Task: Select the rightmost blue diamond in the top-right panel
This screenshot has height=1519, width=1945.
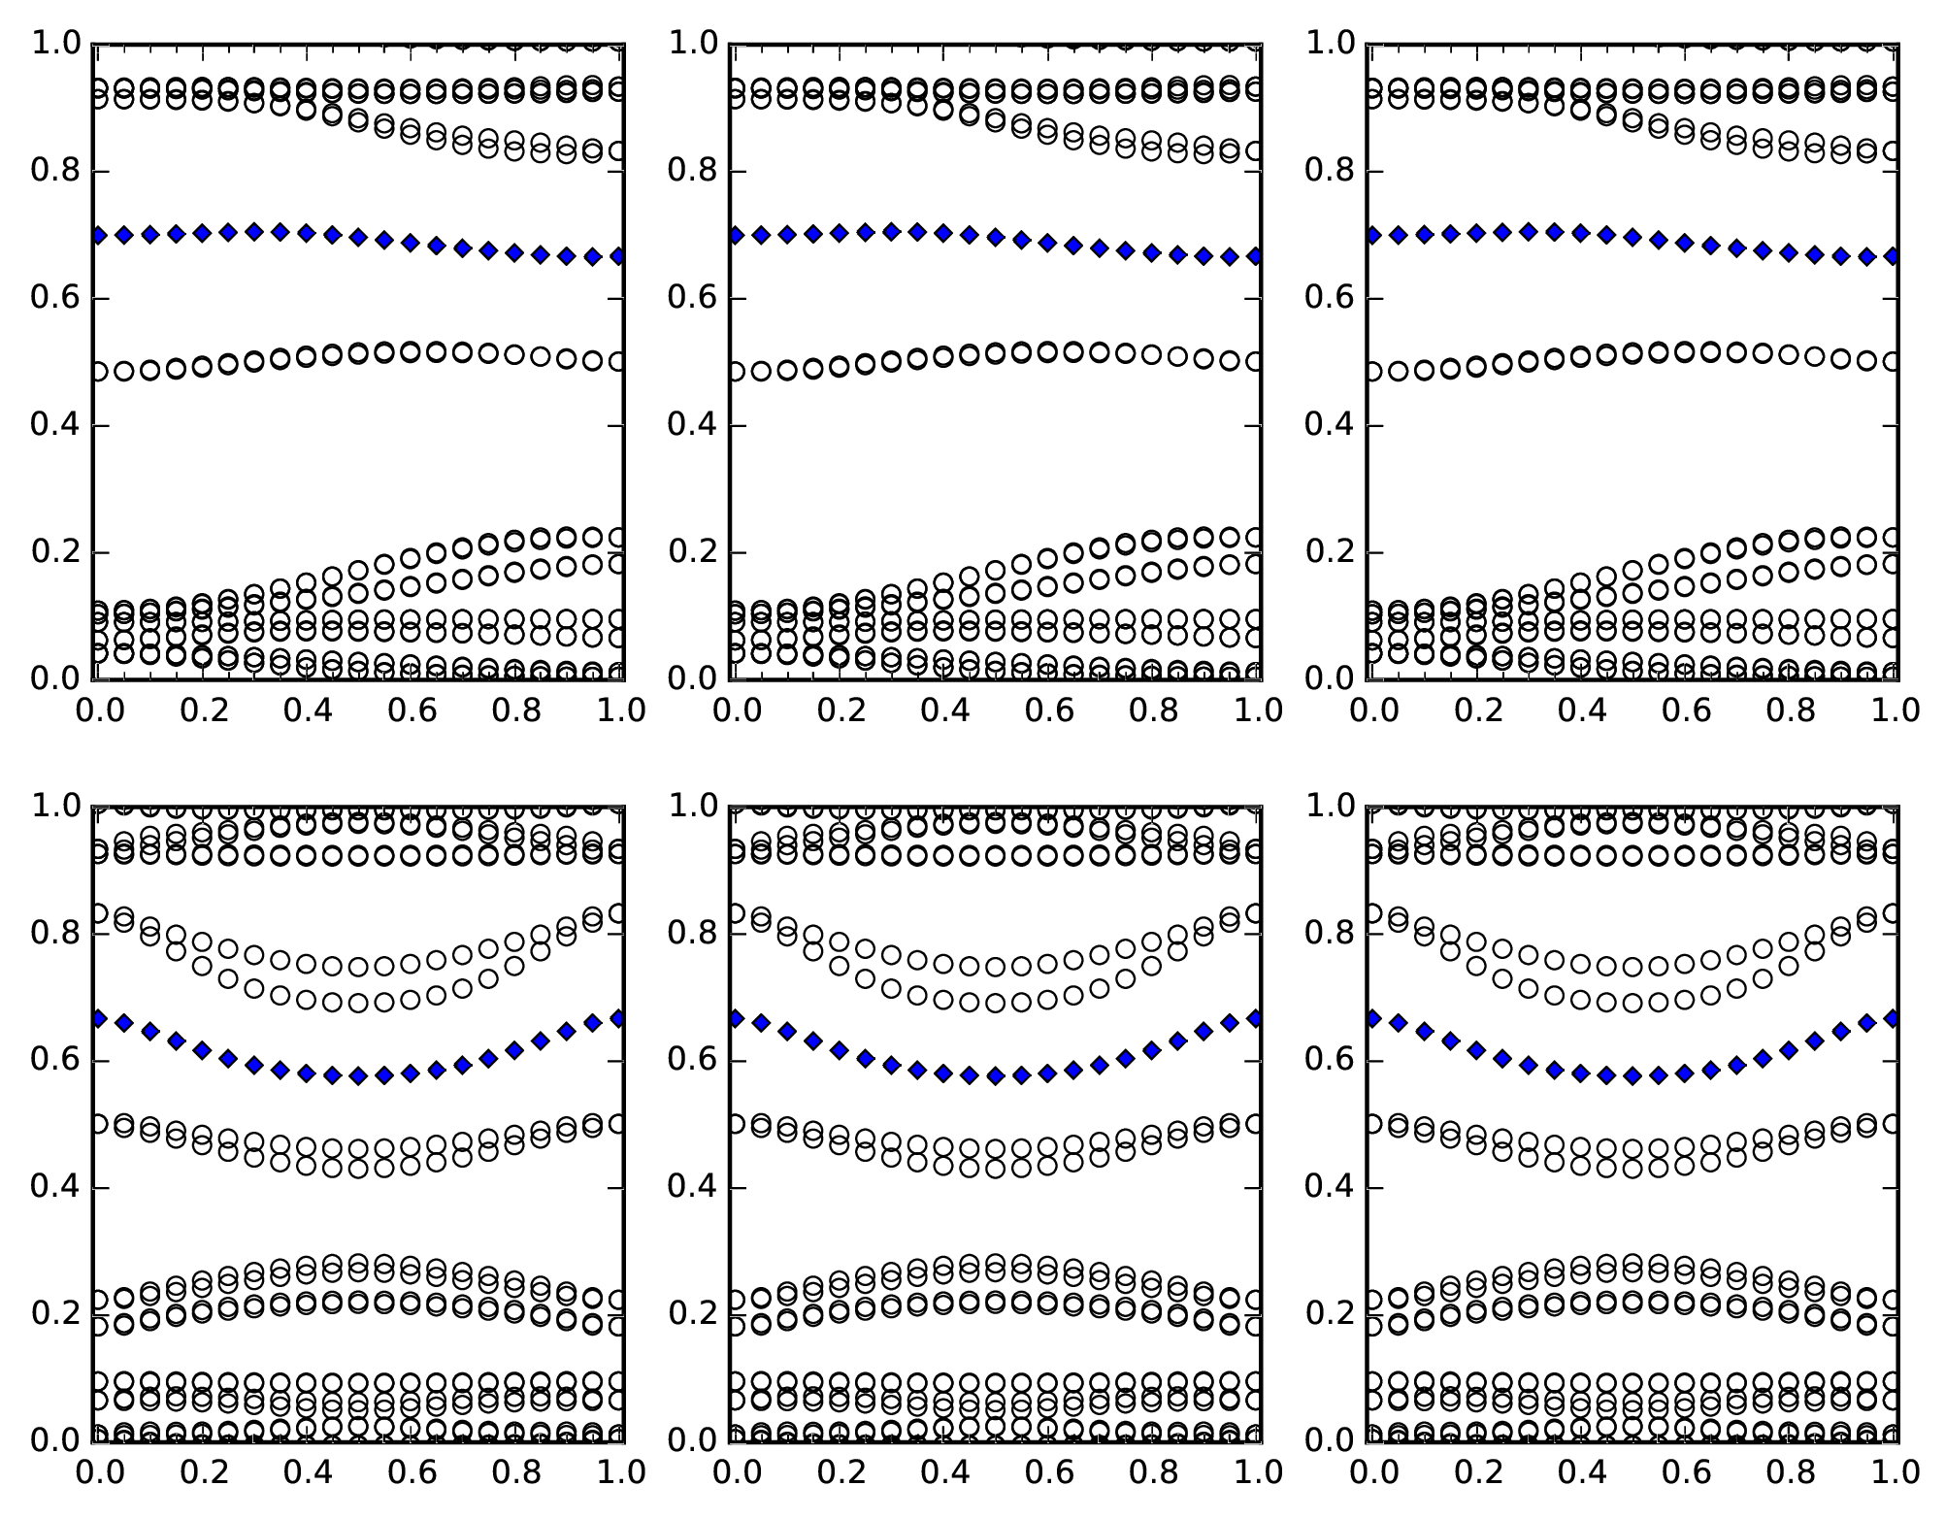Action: click(1895, 256)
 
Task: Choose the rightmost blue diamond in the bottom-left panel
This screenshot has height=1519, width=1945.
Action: click(618, 1018)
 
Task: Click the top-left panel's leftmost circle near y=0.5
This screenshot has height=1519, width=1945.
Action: click(98, 372)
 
